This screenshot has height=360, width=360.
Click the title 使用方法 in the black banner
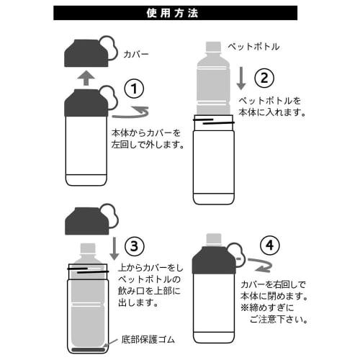172,13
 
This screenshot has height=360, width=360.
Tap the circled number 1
134,89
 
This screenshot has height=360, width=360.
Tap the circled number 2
264,78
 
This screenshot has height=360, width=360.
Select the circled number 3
135,246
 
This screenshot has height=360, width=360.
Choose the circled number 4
270,246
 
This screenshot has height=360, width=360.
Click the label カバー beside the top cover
136,54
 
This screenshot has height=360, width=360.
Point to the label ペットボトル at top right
253,47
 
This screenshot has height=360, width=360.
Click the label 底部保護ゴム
148,340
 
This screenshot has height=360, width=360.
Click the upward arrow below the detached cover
86,78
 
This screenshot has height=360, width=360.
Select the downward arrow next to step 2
241,78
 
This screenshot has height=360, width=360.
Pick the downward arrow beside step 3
114,248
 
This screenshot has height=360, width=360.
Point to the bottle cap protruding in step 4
214,240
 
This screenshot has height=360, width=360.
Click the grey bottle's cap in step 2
214,47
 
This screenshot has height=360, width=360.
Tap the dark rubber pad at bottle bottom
89,349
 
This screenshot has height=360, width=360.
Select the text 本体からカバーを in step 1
146,132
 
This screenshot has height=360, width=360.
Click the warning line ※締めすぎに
267,307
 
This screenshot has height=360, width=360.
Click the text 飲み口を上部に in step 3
149,291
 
